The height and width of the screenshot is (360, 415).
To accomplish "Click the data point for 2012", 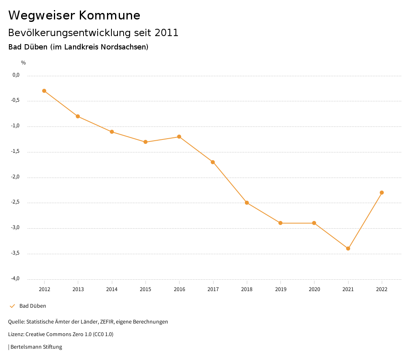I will pos(44,91).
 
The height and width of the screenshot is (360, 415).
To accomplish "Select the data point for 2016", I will pos(179,137).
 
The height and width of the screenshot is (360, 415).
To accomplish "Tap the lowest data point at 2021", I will pos(348,249).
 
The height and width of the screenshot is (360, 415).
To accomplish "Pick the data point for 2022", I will pos(382,193).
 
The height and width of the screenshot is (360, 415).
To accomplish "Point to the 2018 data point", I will pos(247,203).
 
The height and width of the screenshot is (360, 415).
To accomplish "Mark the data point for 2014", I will pos(112,132).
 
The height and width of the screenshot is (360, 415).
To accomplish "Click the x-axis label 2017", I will pos(213,289).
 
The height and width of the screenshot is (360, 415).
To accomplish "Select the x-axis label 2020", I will pos(314,289).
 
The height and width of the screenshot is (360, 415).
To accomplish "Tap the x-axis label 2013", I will pos(78,289).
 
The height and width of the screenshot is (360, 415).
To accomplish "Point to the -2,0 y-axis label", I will pos(15,177).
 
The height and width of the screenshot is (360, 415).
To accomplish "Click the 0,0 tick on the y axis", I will pos(16,75).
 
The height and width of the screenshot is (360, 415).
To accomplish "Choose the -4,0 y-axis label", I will pos(15,279).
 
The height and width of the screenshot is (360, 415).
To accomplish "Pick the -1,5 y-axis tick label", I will pos(15,152).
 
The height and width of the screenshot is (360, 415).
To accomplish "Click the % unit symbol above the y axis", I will pos(24,63).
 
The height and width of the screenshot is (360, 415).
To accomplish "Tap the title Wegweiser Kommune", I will pos(74,15).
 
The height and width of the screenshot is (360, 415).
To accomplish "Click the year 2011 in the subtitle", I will pos(167,33).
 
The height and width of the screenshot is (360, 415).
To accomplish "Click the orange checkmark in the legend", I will pos(12,306).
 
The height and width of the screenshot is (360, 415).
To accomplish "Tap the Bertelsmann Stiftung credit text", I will pos(36,347).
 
